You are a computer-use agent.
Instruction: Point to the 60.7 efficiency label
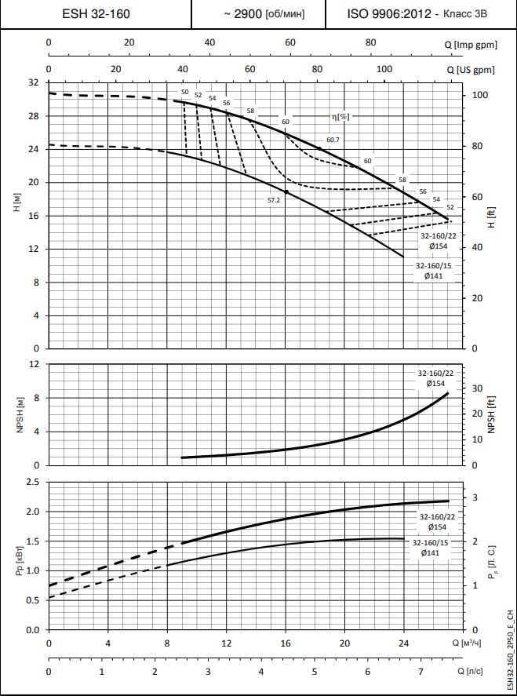(x=333, y=140)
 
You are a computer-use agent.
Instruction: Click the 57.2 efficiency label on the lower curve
(x=274, y=201)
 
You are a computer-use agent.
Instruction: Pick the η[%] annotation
(x=340, y=116)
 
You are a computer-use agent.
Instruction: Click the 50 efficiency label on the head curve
(x=184, y=93)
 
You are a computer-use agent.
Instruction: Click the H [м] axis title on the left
(x=16, y=208)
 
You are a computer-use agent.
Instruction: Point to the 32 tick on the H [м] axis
(x=33, y=82)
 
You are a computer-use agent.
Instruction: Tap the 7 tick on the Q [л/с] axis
(x=421, y=672)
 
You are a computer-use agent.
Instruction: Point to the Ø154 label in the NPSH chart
(x=436, y=383)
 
